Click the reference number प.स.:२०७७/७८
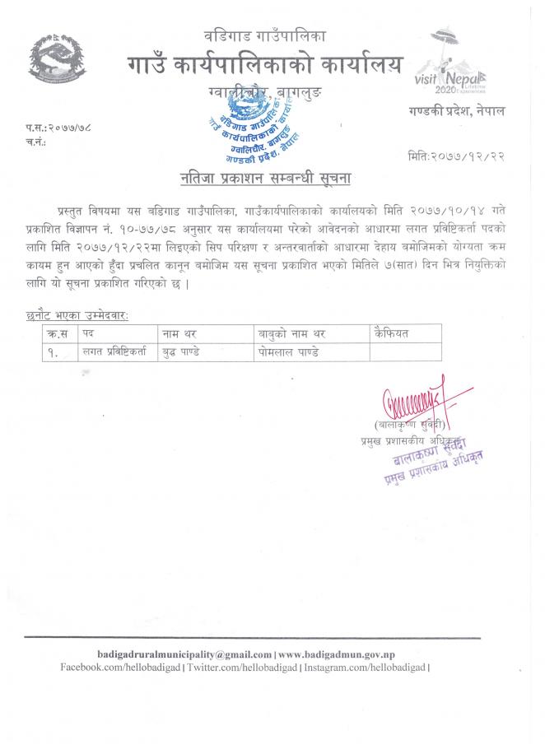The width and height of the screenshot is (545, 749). [58, 129]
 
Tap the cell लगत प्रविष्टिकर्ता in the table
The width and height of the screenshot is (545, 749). [114, 351]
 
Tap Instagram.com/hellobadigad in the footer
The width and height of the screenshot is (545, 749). [366, 667]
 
